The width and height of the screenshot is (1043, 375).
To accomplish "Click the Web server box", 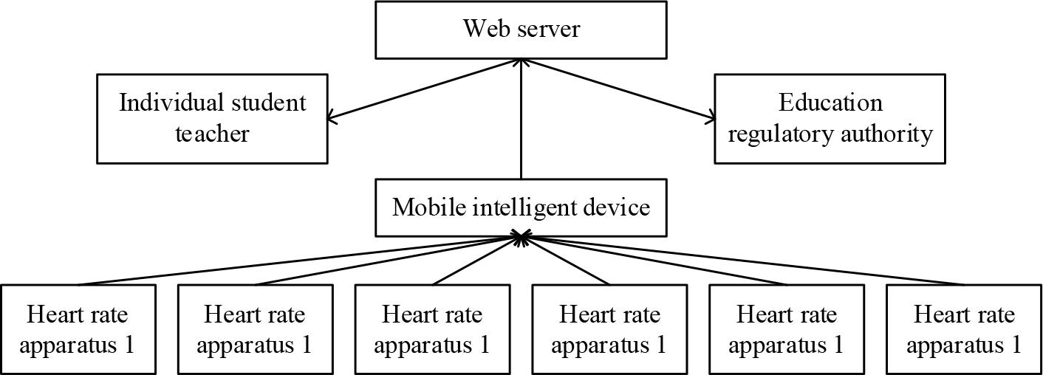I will pos(521,30).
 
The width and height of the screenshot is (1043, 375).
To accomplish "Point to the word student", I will pos(270,102).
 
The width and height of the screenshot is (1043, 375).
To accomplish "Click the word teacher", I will pos(212,134).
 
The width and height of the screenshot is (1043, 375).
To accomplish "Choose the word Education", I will pos(830,102).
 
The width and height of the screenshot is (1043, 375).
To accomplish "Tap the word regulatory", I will pos(780,134).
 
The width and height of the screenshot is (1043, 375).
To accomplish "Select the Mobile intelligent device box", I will pos(521,207).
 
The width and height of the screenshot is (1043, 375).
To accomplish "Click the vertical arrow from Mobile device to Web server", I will pos(521,125).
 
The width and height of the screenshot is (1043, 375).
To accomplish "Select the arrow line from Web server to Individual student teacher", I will pos(425,89).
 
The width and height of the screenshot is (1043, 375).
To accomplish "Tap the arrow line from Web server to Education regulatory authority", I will pos(619,89).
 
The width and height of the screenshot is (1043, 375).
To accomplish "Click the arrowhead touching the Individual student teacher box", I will pos(333,117).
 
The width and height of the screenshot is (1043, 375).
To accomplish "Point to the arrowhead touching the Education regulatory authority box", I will pos(710,117).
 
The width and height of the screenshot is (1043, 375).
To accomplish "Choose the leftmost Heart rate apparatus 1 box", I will pos(78,328).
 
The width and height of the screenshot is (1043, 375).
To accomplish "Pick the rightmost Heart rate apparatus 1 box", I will pos(964,328).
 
